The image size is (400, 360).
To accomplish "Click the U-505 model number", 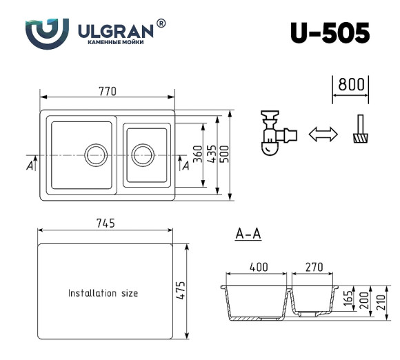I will tap(330, 32).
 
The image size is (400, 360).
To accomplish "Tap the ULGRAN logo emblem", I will tap(46, 32).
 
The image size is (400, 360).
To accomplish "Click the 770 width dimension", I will tap(107, 91).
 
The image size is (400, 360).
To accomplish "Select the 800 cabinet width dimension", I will tap(351, 85).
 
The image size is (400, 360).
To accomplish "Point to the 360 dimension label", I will tap(197, 154).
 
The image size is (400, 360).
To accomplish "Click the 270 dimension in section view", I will tap(314, 267).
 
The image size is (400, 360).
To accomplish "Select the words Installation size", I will tap(103, 293).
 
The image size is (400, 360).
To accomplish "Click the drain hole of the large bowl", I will tap(94, 154).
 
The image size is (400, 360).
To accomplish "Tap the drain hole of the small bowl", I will tap(143, 154).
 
